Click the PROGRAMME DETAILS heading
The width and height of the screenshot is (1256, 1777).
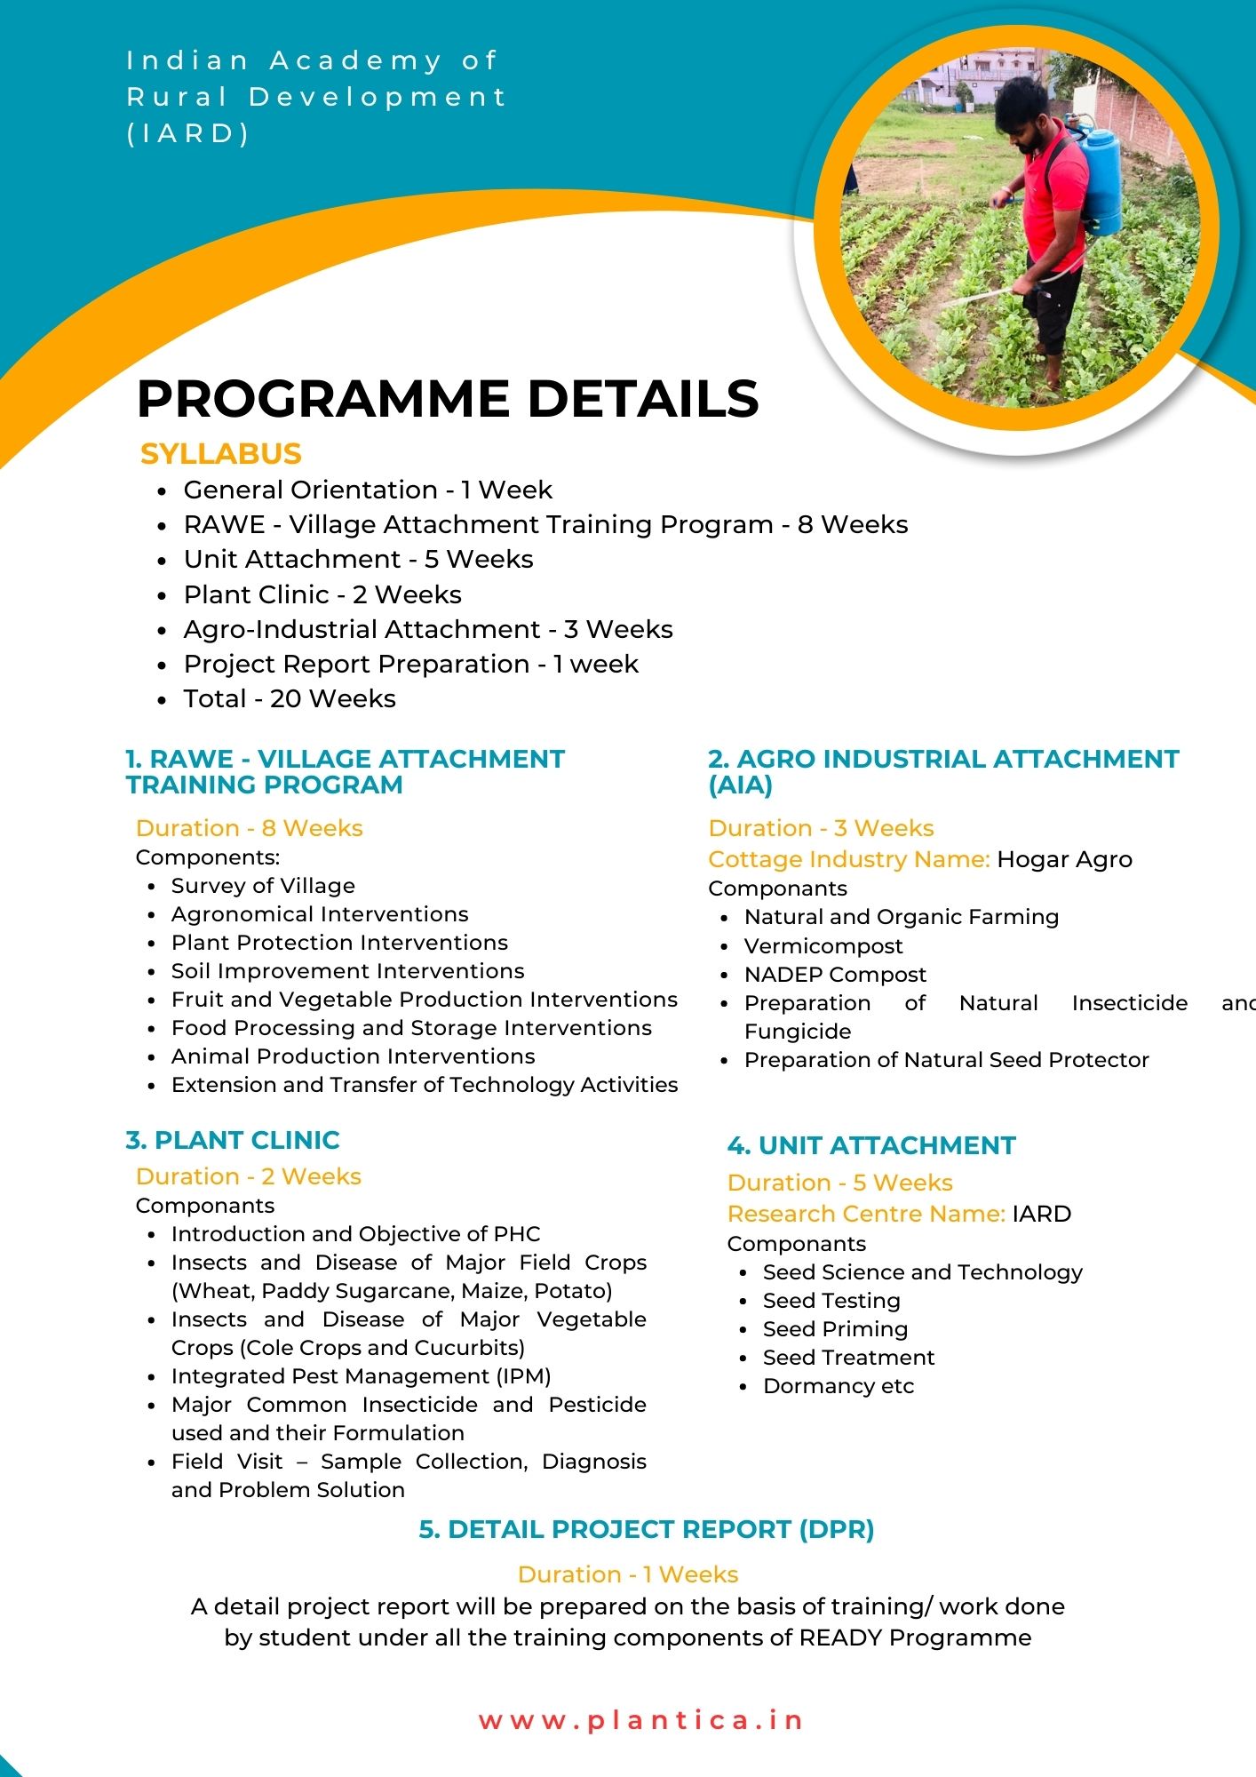click(448, 398)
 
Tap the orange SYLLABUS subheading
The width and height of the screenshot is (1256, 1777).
click(221, 454)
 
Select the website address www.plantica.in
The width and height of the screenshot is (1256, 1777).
click(640, 1720)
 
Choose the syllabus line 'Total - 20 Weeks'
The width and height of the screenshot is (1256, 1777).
click(290, 699)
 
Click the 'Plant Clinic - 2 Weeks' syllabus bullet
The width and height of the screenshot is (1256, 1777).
click(322, 594)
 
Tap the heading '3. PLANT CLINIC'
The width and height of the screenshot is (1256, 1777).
click(233, 1140)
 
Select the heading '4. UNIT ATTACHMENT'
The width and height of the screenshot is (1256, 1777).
click(870, 1145)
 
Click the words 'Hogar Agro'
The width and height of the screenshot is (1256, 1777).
click(1064, 859)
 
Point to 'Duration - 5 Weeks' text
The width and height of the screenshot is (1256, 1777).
click(839, 1183)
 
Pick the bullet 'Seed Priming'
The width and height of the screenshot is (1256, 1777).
click(835, 1329)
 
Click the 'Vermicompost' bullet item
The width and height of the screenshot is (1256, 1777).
click(823, 946)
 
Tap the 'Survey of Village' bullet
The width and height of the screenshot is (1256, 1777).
click(263, 886)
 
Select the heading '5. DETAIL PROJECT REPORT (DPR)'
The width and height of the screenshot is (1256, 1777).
click(647, 1529)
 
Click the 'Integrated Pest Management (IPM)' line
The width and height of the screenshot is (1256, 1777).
click(361, 1376)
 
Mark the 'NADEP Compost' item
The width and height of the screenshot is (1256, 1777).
click(835, 975)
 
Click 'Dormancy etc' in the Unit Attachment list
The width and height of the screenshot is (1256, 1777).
click(839, 1386)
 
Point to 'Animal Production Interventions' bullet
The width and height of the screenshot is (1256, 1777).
click(353, 1056)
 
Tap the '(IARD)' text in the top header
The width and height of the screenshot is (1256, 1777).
click(188, 133)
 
